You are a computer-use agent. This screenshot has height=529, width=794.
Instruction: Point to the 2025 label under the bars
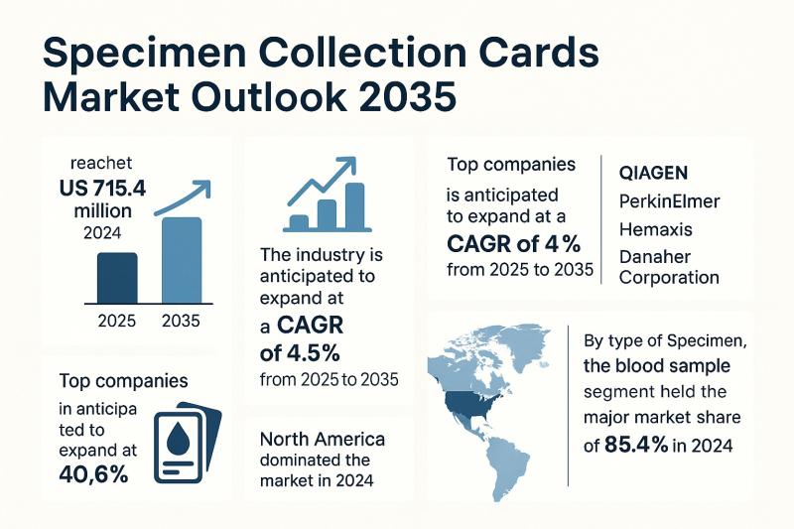coord(118,321)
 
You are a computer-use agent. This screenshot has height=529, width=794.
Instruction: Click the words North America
coord(323,439)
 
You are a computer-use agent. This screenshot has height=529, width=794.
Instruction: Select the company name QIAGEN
coord(652,172)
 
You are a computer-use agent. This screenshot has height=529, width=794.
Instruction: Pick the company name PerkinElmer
coord(669,201)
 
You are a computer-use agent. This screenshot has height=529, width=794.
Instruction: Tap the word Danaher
coord(654,256)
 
